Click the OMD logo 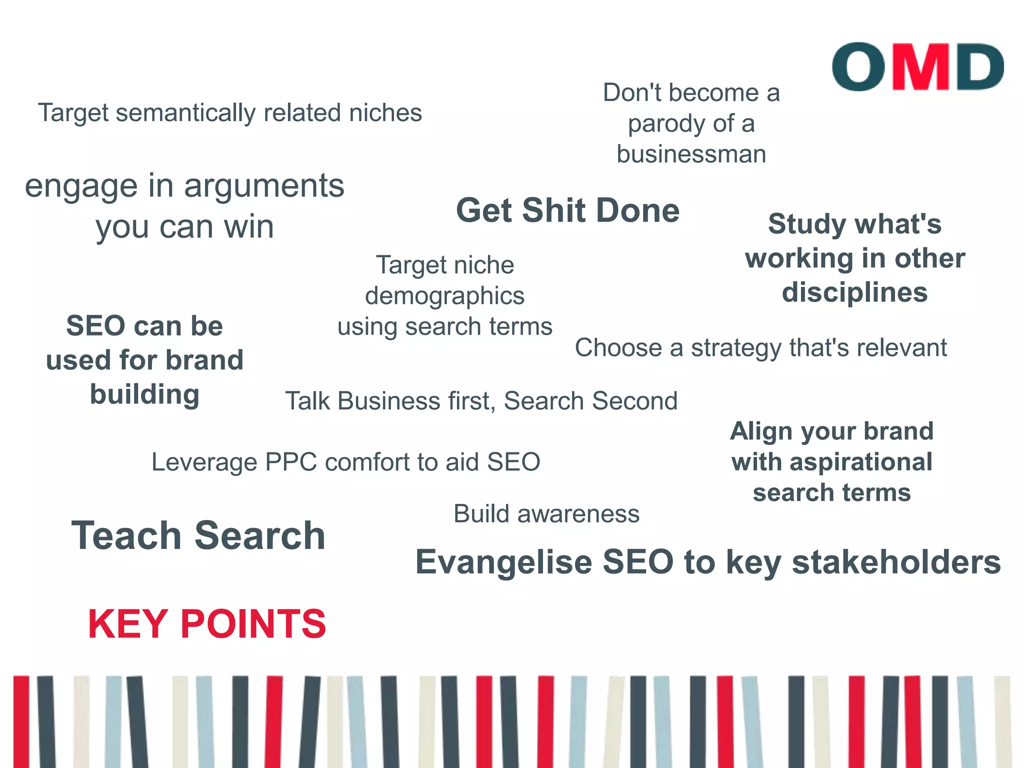point(917,67)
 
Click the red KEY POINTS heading point(206,624)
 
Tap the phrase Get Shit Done point(567,210)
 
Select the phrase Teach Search point(198,535)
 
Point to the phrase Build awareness point(546,514)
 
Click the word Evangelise point(504,562)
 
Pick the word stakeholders point(896,562)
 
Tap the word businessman point(691,154)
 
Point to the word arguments point(264,186)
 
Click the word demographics point(444,296)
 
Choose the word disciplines point(854,292)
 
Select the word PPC point(291,462)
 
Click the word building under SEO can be point(144,394)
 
